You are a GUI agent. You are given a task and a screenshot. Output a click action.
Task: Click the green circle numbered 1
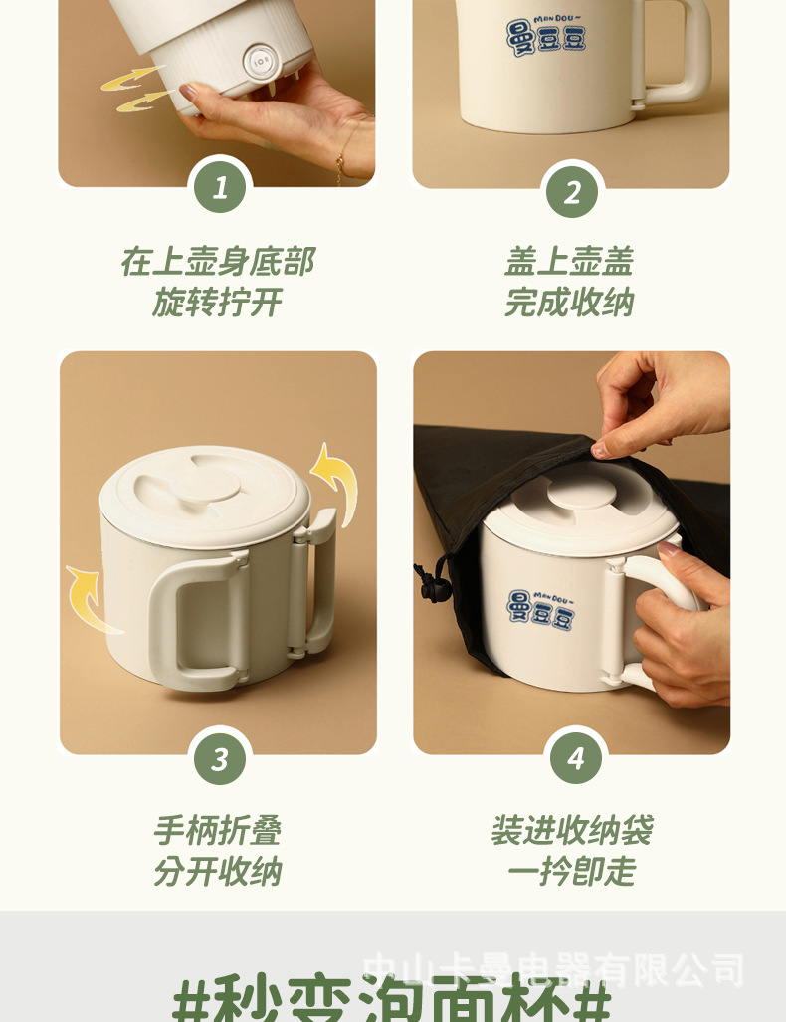(x=220, y=186)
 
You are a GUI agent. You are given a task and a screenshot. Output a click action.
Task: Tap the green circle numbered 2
(x=572, y=191)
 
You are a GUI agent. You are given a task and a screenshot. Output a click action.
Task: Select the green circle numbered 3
(x=220, y=760)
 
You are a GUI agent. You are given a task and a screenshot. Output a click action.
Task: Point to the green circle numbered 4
(x=576, y=758)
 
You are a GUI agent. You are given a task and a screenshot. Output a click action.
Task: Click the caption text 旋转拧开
(x=217, y=303)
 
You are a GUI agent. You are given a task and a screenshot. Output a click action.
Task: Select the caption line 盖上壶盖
(x=569, y=262)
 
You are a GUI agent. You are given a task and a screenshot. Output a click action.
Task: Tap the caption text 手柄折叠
(x=217, y=830)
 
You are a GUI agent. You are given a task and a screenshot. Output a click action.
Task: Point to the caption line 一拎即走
(x=571, y=872)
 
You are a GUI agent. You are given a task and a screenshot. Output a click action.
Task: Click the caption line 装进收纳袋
(x=571, y=830)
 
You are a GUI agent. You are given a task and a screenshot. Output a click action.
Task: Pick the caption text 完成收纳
(x=569, y=303)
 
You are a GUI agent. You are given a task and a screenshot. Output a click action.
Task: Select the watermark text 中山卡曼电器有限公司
(x=553, y=969)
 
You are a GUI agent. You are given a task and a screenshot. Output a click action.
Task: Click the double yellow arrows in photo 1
(x=133, y=88)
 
